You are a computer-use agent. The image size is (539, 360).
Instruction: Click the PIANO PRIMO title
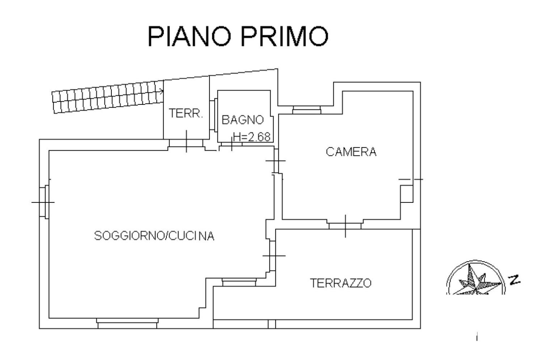238,36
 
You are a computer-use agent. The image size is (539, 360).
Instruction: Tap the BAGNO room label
242,120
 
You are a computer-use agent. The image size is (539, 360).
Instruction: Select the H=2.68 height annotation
252,137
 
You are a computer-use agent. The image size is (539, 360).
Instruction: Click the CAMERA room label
351,152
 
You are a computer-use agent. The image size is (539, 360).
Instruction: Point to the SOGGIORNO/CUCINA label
154,236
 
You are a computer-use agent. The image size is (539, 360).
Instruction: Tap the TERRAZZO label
341,283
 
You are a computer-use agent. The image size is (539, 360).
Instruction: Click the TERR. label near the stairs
186,113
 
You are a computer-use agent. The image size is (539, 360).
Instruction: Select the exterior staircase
108,97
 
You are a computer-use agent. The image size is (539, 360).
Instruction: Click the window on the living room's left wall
44,202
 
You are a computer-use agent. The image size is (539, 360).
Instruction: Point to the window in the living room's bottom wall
127,323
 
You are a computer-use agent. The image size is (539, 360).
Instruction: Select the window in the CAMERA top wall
306,110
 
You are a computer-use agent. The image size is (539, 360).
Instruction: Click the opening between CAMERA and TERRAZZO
345,224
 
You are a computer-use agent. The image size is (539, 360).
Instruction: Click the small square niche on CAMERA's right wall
407,194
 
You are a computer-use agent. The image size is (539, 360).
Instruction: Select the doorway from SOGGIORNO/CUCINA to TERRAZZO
272,256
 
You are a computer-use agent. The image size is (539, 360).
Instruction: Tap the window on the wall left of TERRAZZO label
239,282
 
